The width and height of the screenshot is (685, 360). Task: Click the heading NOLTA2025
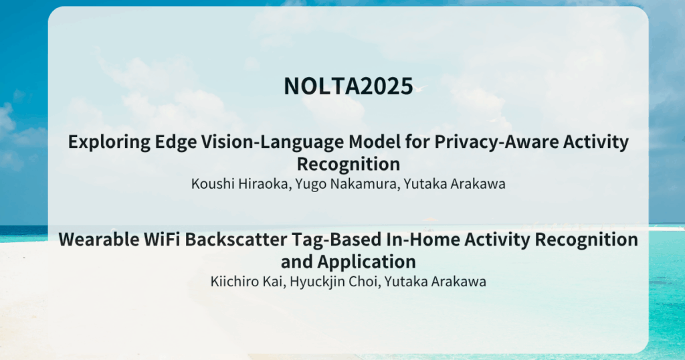[348, 86]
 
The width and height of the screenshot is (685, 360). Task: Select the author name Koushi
[213, 184]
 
